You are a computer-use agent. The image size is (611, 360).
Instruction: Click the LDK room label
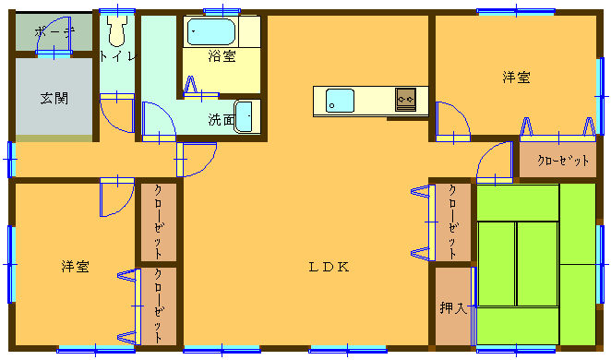pyautogui.click(x=329, y=267)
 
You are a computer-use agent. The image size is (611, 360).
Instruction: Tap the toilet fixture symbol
pyautogui.click(x=117, y=30)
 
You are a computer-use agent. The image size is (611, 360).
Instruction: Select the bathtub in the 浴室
pyautogui.click(x=211, y=31)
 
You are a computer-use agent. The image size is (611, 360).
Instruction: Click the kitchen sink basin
pyautogui.click(x=340, y=101)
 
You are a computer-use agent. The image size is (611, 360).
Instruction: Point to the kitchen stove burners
pyautogui.click(x=405, y=100)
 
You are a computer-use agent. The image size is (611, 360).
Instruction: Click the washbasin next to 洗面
pyautogui.click(x=244, y=116)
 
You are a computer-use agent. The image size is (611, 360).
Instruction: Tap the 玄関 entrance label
pyautogui.click(x=54, y=98)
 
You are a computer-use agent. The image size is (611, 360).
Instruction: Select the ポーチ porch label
pyautogui.click(x=54, y=32)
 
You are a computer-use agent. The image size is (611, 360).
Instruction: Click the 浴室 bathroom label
pyautogui.click(x=222, y=56)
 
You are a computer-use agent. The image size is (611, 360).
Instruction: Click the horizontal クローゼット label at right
pyautogui.click(x=563, y=160)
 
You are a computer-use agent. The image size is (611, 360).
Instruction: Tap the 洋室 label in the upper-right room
pyautogui.click(x=516, y=78)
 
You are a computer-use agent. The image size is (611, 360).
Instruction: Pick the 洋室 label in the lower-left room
pyautogui.click(x=75, y=267)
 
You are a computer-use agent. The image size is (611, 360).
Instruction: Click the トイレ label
pyautogui.click(x=118, y=56)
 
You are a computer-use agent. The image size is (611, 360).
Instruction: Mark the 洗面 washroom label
pyautogui.click(x=222, y=120)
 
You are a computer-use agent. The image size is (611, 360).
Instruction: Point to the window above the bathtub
pyautogui.click(x=222, y=11)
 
